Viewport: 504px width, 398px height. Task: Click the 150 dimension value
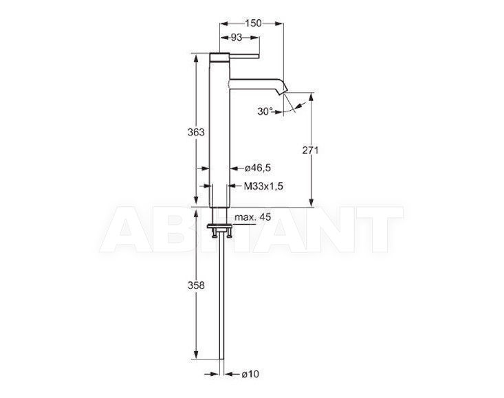[x=253, y=23]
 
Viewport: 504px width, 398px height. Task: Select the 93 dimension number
[x=237, y=38]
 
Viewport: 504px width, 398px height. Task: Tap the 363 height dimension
[x=196, y=132]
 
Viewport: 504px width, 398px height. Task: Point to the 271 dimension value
[x=310, y=150]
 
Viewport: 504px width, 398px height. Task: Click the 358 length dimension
[x=196, y=285]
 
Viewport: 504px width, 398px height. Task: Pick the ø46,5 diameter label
[x=258, y=168]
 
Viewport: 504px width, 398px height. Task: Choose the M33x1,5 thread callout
[x=263, y=186]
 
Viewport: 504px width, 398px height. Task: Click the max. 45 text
[x=252, y=217]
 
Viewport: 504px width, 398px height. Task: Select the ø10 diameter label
[x=250, y=374]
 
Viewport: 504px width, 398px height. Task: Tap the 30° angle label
[x=265, y=111]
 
